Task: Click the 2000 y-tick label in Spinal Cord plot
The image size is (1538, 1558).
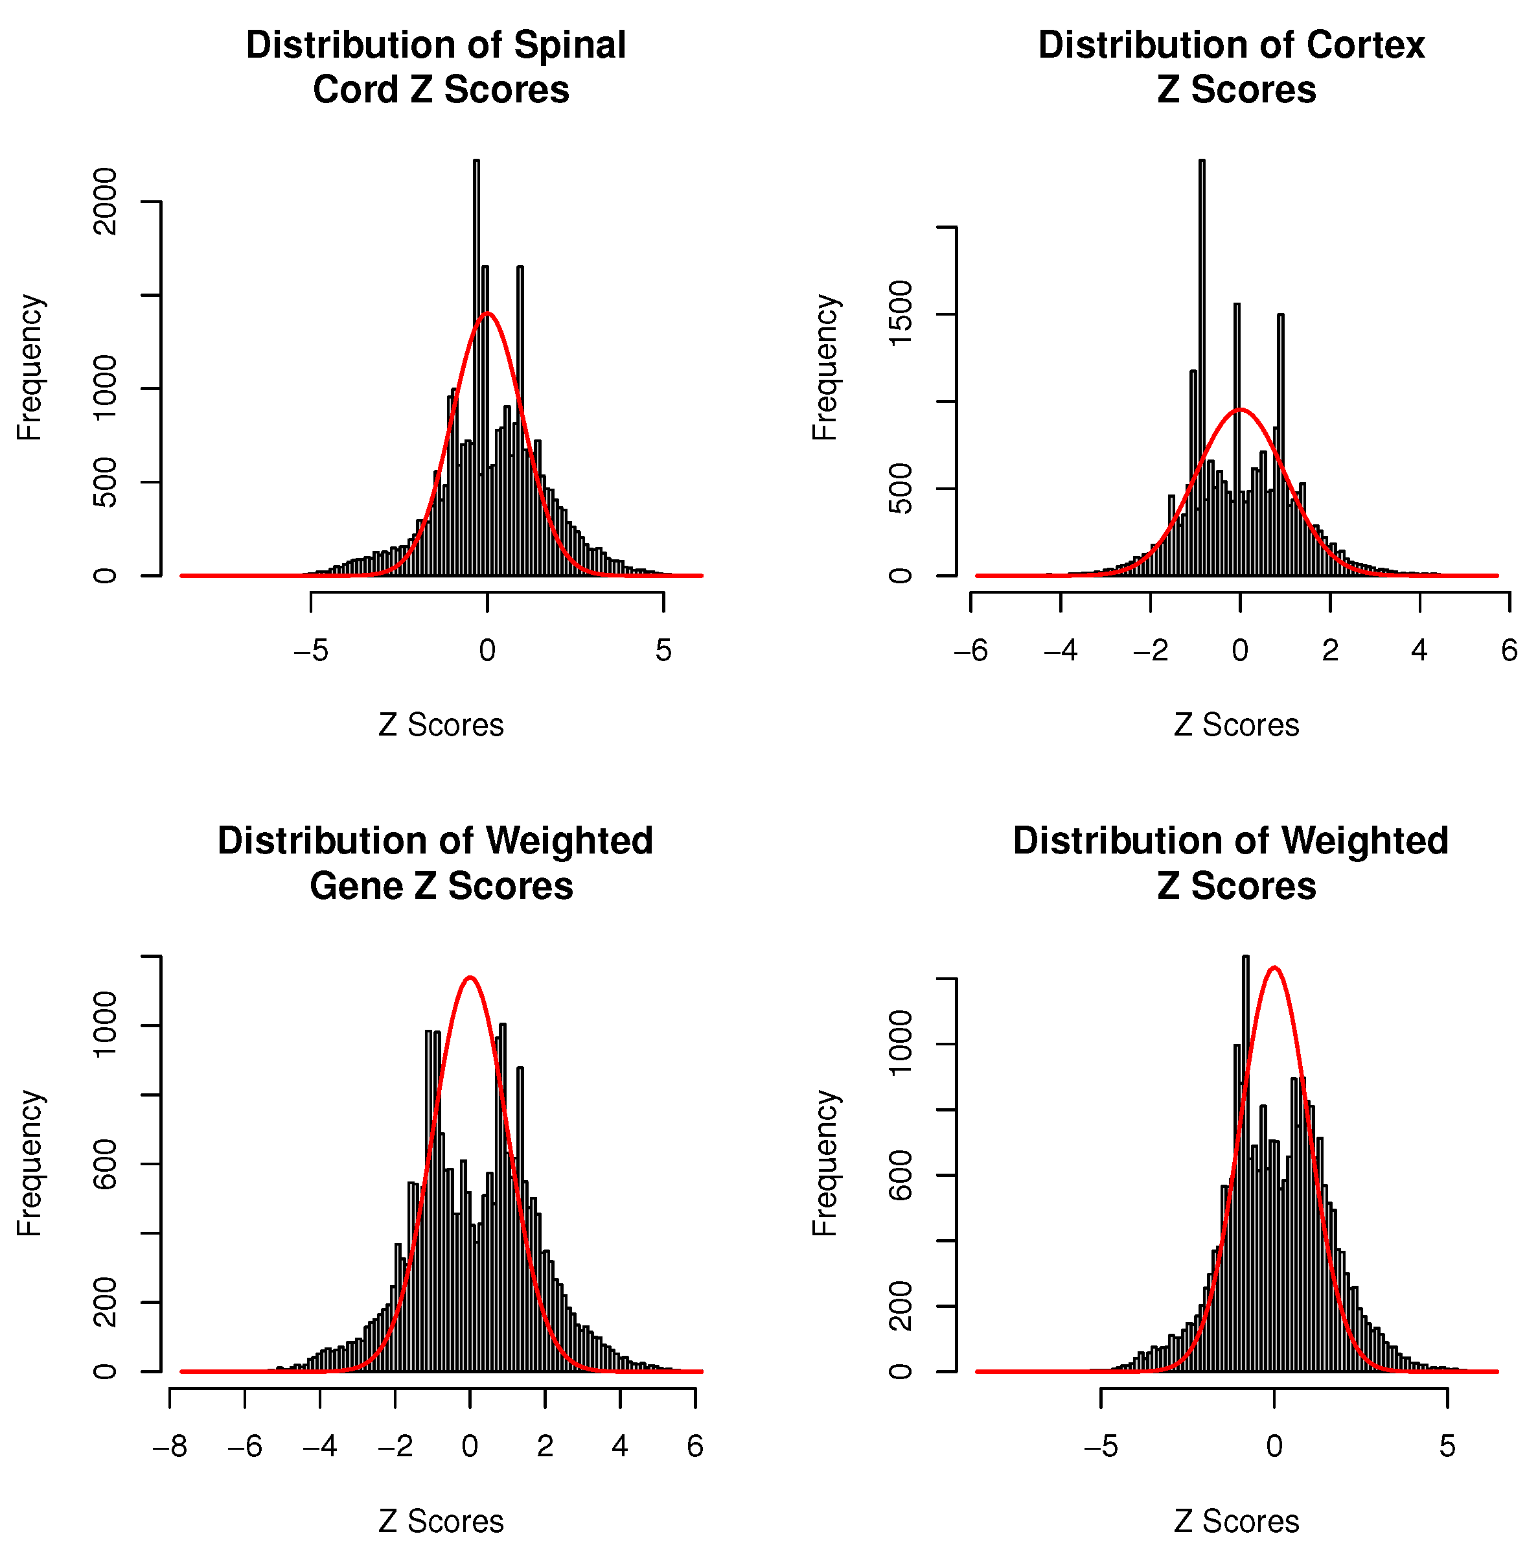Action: (x=105, y=202)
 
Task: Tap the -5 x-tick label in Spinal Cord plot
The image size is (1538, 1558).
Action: (x=310, y=651)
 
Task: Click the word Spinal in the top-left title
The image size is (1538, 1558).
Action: (x=570, y=45)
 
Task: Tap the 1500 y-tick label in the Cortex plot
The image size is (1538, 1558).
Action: (x=901, y=314)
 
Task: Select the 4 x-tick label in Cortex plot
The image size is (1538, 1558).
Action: (x=1419, y=651)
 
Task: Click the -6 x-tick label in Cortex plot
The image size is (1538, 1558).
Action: (x=970, y=651)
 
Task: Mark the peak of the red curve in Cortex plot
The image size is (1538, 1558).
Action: (x=1241, y=410)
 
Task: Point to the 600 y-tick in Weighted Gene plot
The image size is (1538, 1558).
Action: (x=105, y=1164)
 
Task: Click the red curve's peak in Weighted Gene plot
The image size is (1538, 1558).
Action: (x=470, y=978)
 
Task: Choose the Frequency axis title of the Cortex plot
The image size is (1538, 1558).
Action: (x=825, y=367)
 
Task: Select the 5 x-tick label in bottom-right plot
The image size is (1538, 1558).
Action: (x=1448, y=1447)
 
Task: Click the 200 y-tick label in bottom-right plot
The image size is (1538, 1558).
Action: (x=901, y=1306)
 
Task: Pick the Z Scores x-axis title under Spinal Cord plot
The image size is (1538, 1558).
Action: (x=441, y=725)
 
